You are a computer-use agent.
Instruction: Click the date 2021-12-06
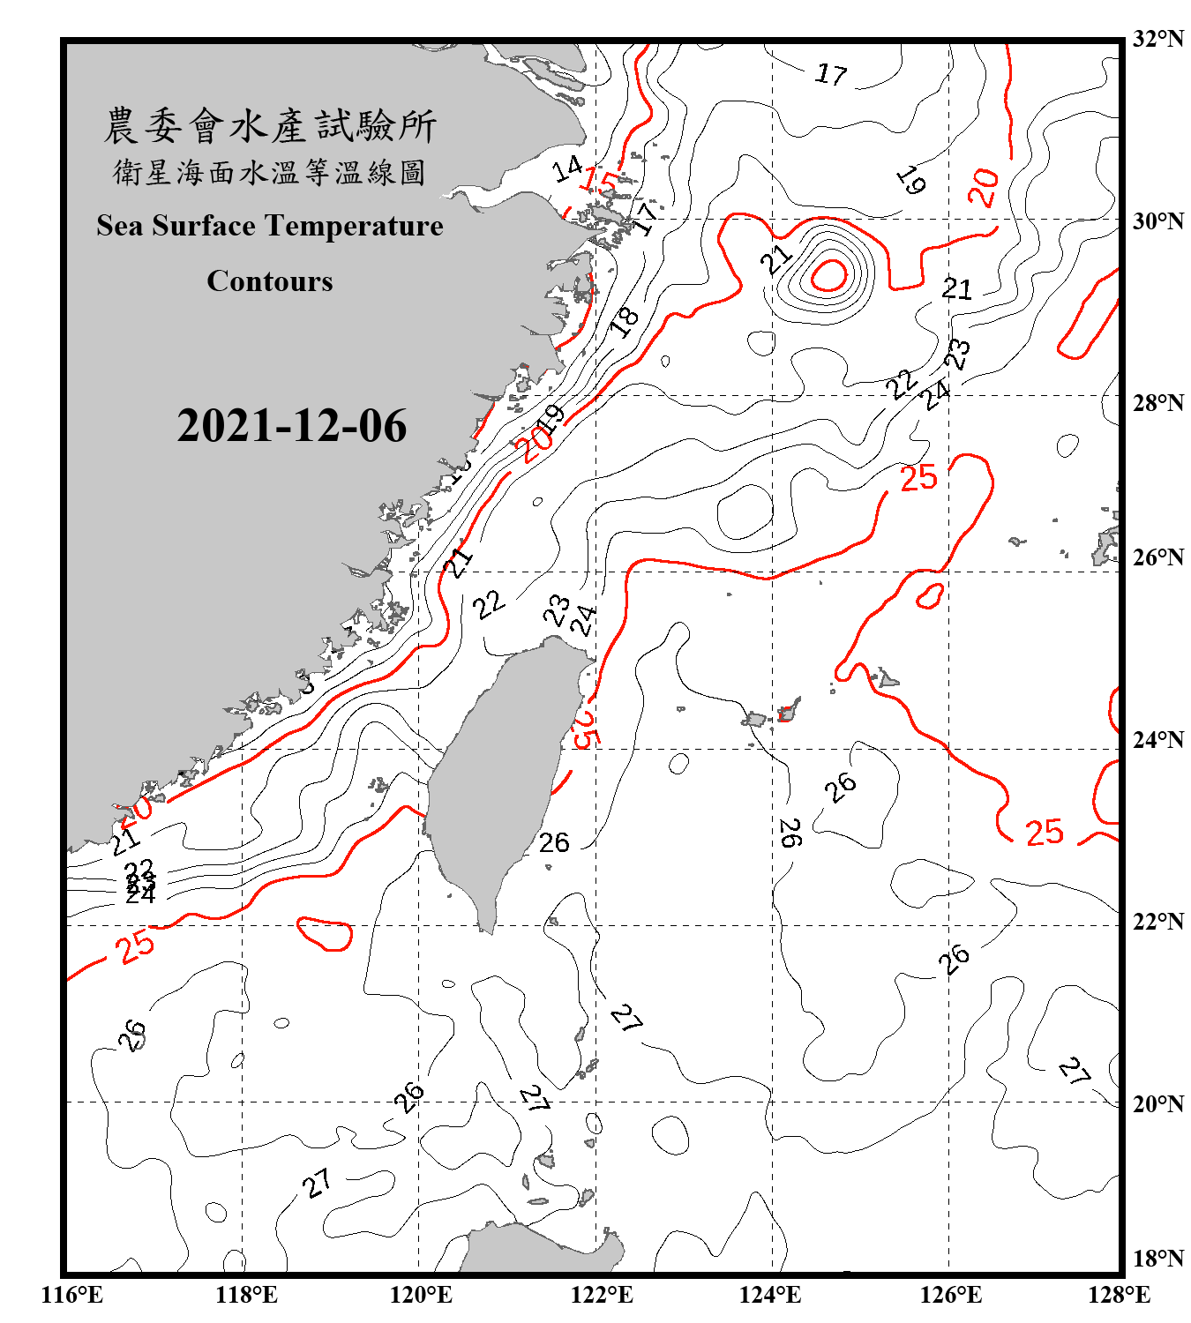coord(291,426)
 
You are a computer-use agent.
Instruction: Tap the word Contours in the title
coord(269,281)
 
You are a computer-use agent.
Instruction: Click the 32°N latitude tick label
coord(1157,39)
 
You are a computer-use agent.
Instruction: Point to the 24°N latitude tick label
coord(1157,739)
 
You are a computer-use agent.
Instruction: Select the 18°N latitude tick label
coord(1157,1258)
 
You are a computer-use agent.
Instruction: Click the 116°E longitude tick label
coord(72,1295)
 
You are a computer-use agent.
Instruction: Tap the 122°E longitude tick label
coord(602,1295)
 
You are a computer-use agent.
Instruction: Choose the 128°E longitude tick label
coord(1119,1295)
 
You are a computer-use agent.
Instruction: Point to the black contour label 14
coord(567,168)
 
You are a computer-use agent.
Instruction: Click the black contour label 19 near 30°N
coord(911,181)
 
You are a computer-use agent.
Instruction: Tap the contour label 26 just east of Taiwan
coord(554,843)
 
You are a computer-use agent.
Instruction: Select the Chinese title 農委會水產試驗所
coord(269,126)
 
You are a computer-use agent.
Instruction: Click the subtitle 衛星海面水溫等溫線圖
coord(269,173)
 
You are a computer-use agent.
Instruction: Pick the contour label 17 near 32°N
coord(831,74)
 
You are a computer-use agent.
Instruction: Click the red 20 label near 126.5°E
coord(984,187)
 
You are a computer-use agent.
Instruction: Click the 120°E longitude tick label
coord(421,1295)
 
